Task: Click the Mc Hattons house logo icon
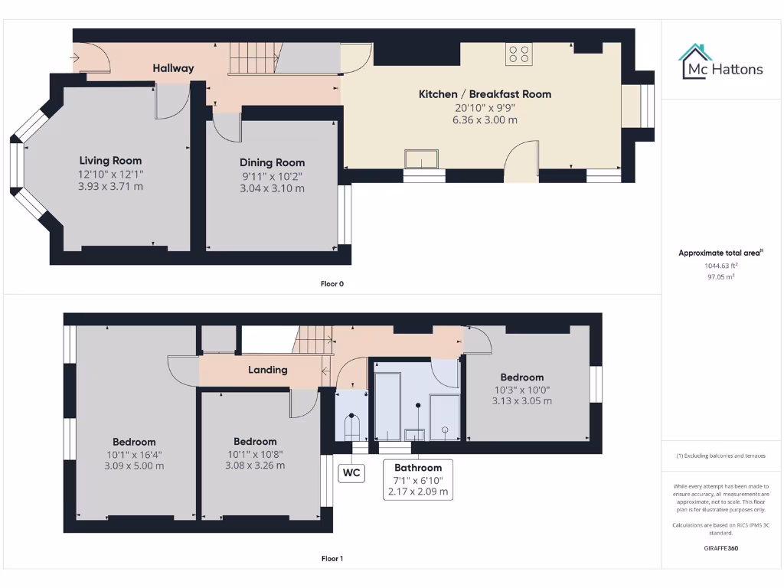point(695,61)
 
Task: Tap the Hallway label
point(173,68)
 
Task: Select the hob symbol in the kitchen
point(518,54)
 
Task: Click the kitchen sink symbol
point(422,158)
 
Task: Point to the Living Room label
point(110,160)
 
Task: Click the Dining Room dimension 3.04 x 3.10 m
point(272,188)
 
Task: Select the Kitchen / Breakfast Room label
point(485,93)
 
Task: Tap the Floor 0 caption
point(332,283)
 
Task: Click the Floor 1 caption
point(332,558)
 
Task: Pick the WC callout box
point(351,472)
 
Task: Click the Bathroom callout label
point(418,467)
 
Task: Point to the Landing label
point(268,370)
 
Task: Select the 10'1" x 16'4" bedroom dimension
point(134,454)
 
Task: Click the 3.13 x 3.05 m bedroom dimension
point(522,400)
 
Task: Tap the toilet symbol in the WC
point(351,426)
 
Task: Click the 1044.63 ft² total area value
point(720,266)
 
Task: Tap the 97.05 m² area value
point(720,277)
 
